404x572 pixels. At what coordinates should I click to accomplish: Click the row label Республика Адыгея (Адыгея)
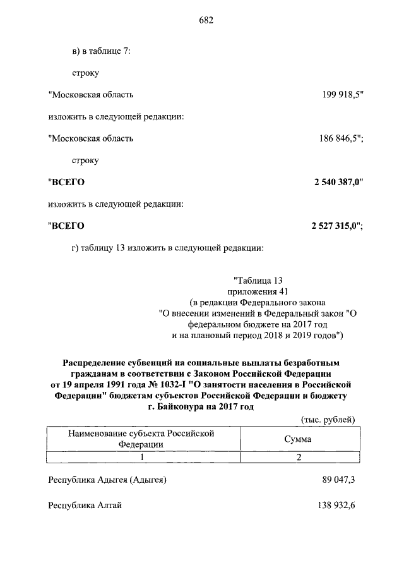tap(107, 480)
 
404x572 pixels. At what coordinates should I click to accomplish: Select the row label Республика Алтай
tap(85, 505)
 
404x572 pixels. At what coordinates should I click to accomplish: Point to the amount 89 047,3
tap(338, 480)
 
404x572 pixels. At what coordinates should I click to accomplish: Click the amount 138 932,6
tap(335, 505)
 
